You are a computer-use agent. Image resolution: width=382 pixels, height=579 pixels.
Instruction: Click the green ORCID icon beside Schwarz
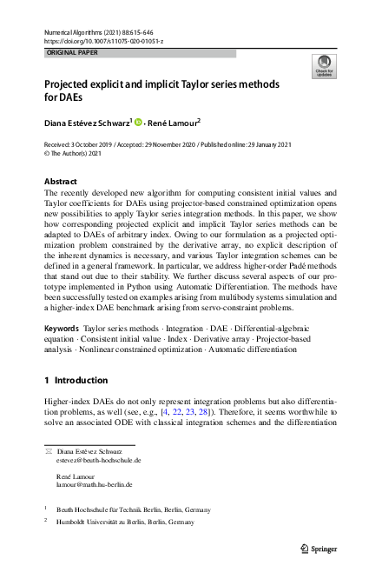(137, 122)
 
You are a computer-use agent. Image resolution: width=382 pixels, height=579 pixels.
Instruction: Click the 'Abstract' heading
(60, 181)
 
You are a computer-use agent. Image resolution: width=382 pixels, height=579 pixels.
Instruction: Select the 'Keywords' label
(61, 329)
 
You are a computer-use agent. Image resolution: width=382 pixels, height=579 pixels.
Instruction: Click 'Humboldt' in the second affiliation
(73, 522)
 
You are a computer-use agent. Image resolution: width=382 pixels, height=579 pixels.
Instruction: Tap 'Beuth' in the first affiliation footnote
(67, 509)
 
